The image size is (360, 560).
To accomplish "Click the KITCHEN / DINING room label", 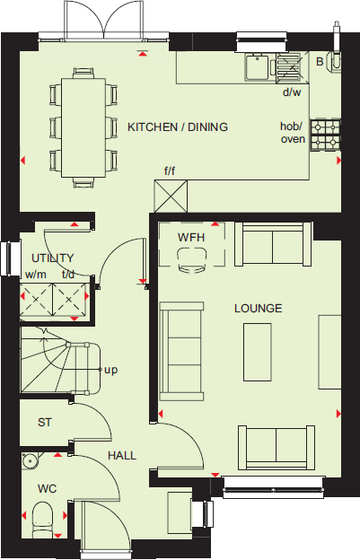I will (x=177, y=127).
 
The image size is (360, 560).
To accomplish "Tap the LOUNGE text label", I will (x=258, y=309).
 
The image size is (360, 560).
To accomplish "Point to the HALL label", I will (x=122, y=456).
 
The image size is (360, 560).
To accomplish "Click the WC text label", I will (x=48, y=490).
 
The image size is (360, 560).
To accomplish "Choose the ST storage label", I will (x=44, y=422).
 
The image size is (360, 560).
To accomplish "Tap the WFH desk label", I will (x=190, y=237).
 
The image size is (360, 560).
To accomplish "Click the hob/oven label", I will (x=293, y=133).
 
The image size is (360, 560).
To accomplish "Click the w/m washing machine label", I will (x=35, y=275).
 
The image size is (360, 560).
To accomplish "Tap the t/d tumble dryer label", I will (x=67, y=275).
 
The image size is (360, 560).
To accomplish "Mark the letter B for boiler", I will (x=320, y=61).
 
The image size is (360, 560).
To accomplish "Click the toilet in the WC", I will (x=41, y=519).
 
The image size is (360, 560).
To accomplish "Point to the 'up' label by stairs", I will (x=111, y=370).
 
